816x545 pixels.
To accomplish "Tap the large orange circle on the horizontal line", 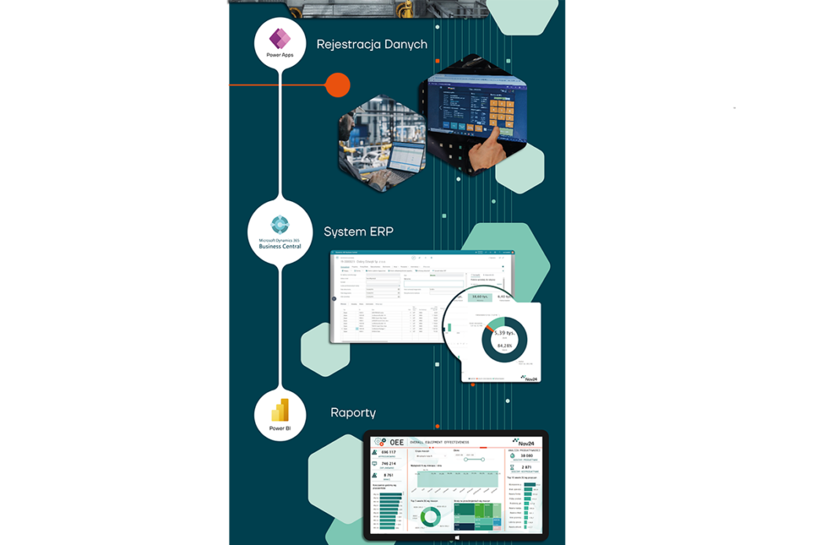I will point(337,84).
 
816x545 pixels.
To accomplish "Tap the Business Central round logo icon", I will point(280,225).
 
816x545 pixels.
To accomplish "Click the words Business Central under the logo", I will point(280,247).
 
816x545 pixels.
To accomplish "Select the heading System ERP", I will point(359,232).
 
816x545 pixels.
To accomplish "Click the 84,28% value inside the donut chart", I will point(505,345).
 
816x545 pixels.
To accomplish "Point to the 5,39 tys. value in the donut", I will point(505,333).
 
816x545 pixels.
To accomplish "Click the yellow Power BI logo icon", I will point(280,410).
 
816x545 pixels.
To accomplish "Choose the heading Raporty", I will point(353,412).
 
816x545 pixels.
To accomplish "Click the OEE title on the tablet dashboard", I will point(396,442).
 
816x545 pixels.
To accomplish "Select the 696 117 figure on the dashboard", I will point(388,453).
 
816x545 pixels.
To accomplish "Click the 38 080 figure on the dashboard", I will point(526,455).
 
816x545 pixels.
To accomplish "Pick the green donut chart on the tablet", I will point(430,516).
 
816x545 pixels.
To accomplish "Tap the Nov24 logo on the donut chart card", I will point(529,378).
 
